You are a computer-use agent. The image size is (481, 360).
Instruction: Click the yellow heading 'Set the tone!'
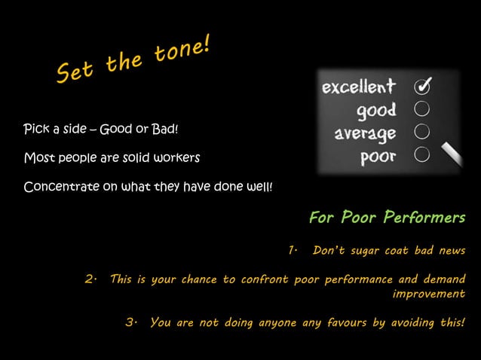click(x=133, y=62)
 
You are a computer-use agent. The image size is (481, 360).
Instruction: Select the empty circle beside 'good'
click(x=422, y=110)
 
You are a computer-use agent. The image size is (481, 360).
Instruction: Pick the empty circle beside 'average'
click(x=422, y=133)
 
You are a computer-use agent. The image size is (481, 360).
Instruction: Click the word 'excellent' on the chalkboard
click(x=359, y=87)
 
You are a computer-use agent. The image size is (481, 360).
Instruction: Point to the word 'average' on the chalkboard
click(x=366, y=135)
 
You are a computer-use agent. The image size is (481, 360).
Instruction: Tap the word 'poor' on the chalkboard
click(x=378, y=157)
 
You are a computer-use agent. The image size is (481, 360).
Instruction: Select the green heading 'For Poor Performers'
click(x=387, y=218)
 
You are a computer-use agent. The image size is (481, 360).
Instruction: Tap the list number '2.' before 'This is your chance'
click(x=90, y=279)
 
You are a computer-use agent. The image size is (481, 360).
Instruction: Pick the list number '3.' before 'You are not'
click(x=131, y=323)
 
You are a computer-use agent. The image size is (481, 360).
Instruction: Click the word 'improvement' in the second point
click(x=429, y=294)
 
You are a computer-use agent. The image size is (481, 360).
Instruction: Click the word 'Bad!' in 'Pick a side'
click(x=165, y=130)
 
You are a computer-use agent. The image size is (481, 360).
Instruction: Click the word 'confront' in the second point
click(x=265, y=279)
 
